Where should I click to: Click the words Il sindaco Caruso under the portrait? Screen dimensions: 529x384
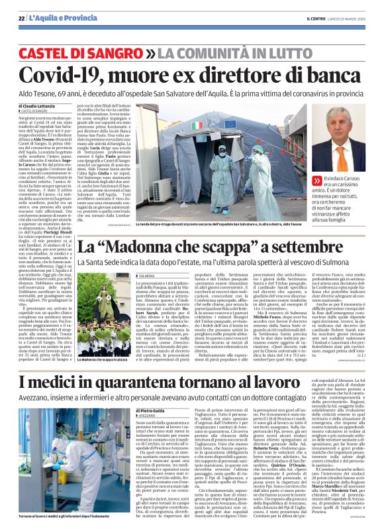pos(350,180)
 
